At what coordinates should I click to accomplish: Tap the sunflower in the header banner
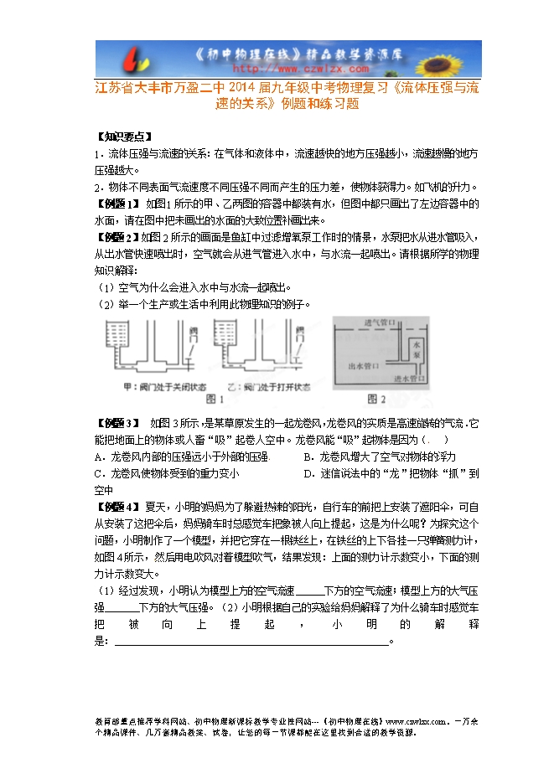click(x=458, y=59)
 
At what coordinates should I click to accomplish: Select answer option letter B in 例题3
click(x=310, y=456)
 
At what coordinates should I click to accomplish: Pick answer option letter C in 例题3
click(x=100, y=473)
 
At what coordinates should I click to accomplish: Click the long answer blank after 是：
click(x=251, y=642)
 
